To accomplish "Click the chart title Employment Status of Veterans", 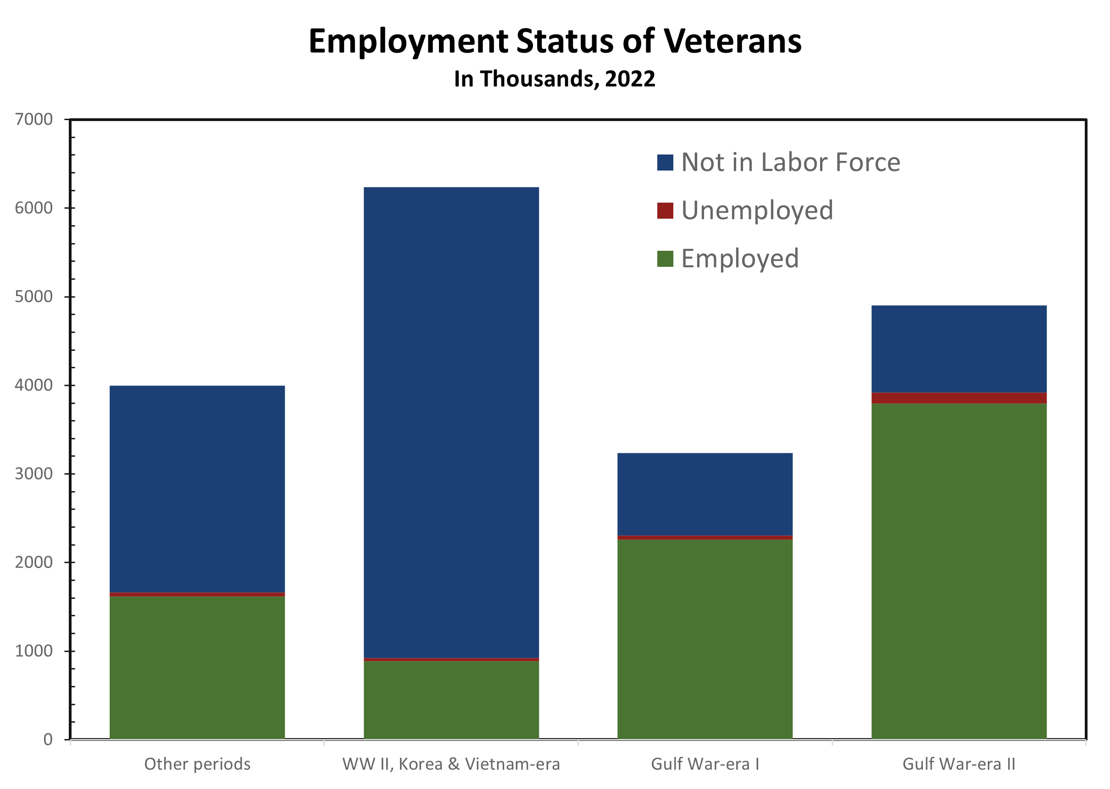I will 555,41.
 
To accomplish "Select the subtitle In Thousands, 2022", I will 555,79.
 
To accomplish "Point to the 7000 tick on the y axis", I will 33,120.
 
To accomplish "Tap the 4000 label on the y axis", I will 33,385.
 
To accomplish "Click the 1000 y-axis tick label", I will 33,651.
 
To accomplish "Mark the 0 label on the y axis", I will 48,739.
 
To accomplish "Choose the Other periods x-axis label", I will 197,764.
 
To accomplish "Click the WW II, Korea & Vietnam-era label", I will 451,764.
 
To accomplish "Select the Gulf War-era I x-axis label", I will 705,764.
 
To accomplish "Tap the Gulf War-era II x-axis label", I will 958,764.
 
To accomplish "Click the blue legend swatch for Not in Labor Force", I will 665,162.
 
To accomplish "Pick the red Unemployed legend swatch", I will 665,210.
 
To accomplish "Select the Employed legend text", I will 740,259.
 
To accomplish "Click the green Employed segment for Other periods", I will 197,668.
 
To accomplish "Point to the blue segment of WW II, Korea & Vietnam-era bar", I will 451,423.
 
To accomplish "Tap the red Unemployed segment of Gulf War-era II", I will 959,398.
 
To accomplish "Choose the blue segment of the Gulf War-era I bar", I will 705,494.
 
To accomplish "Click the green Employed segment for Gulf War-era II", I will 959,571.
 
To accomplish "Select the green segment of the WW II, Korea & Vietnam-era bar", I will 451,700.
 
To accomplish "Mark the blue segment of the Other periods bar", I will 197,489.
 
